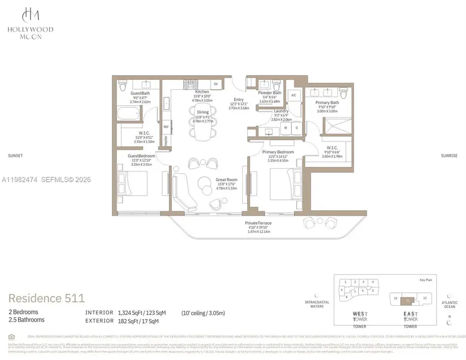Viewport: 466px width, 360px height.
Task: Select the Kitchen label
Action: pyautogui.click(x=202, y=91)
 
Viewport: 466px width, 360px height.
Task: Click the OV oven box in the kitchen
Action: pyautogui.click(x=216, y=84)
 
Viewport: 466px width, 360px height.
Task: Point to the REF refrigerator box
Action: pyautogui.click(x=166, y=126)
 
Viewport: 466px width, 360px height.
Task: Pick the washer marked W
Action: pyautogui.click(x=284, y=128)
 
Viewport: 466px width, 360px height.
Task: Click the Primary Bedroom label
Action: pyautogui.click(x=278, y=152)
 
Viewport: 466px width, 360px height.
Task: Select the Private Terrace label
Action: pyautogui.click(x=258, y=223)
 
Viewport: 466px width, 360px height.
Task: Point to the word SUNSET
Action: pyautogui.click(x=16, y=155)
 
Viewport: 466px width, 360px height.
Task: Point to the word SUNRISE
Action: pyautogui.click(x=449, y=155)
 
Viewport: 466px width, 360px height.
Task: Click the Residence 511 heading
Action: pyautogui.click(x=47, y=298)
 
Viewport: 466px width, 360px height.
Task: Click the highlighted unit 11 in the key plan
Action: pyautogui.click(x=409, y=299)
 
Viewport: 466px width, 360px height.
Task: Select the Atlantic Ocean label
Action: pyautogui.click(x=449, y=304)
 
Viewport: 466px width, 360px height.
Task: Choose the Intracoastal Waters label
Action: pyautogui.click(x=313, y=304)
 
